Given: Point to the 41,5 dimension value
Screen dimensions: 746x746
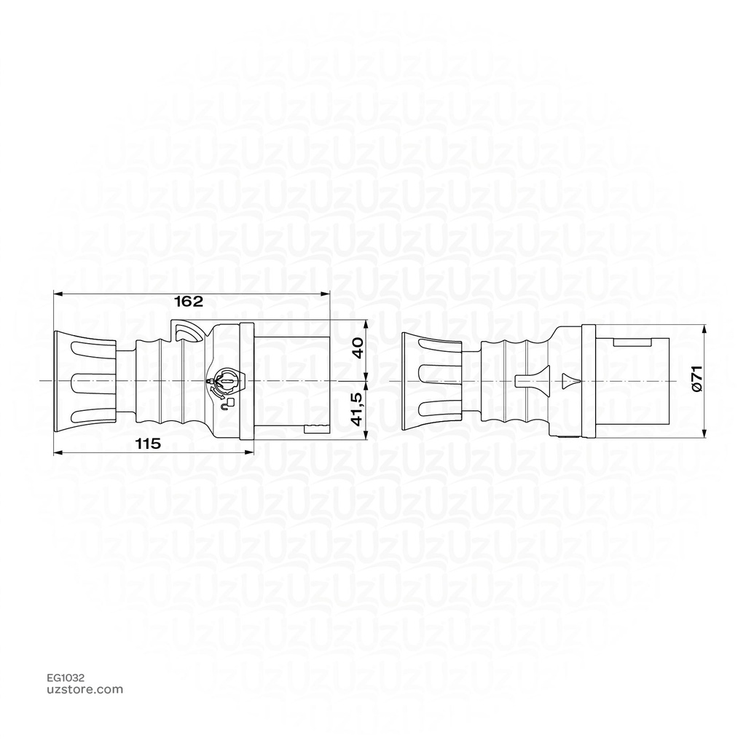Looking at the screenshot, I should (x=356, y=412).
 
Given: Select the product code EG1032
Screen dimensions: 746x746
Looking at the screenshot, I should (x=66, y=677).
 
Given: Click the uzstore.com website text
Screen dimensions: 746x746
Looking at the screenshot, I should (x=85, y=689).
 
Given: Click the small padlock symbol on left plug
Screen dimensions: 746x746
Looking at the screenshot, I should (x=229, y=401).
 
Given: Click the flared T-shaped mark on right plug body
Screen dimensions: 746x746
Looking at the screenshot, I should (x=530, y=380).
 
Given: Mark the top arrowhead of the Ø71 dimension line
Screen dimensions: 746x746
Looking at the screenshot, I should (x=704, y=329).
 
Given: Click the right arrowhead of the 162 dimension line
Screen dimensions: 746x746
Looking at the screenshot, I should (x=326, y=293).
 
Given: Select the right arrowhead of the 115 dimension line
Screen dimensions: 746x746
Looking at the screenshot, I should (x=249, y=452).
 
